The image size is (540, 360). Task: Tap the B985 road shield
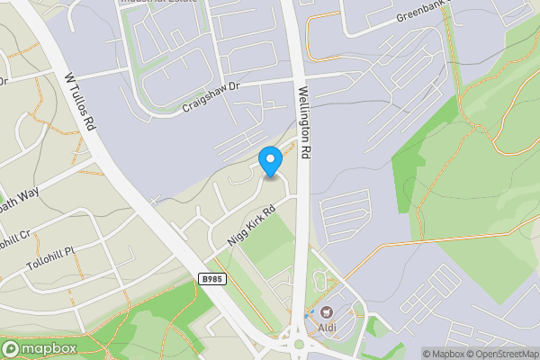pyautogui.click(x=211, y=281)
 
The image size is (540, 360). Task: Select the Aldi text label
pyautogui.click(x=328, y=328)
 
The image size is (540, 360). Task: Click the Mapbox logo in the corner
pyautogui.click(x=37, y=348)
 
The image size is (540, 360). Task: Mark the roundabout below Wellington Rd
pyautogui.click(x=299, y=343)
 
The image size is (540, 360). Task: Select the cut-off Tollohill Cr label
pyautogui.click(x=16, y=241)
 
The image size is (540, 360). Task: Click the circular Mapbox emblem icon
pyautogui.click(x=12, y=348)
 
